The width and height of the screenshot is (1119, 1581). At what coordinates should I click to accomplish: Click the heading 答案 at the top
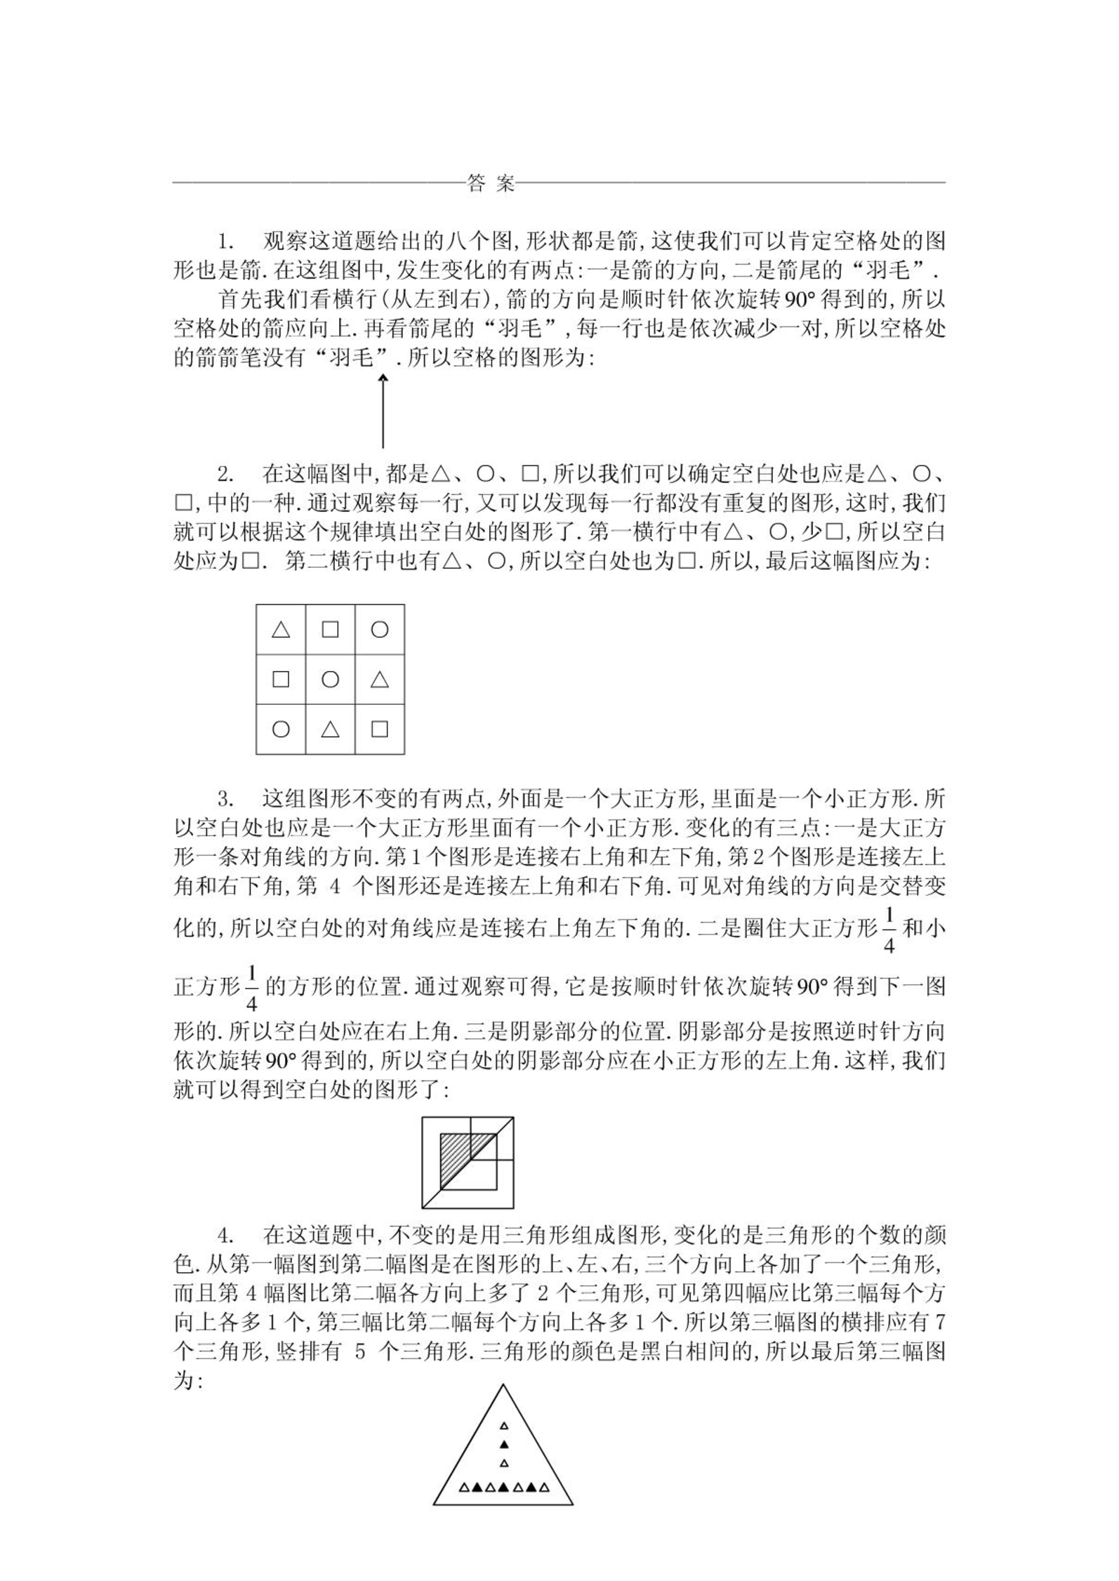pos(491,184)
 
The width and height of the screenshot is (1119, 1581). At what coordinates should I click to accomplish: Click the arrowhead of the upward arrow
pos(383,378)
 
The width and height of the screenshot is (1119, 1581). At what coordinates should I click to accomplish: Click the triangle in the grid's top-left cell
pos(281,630)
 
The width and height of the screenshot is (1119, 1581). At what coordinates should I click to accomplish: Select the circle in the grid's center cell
pos(330,679)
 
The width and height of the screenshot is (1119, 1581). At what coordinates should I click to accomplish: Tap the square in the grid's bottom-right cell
pos(380,729)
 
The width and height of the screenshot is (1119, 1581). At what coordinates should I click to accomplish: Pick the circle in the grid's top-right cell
pos(380,630)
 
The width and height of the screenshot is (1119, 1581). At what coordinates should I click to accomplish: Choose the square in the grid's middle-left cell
pos(281,679)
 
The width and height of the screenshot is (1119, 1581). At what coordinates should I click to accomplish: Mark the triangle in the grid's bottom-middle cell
pos(330,729)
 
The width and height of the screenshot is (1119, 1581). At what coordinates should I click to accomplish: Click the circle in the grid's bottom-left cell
pos(281,729)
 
